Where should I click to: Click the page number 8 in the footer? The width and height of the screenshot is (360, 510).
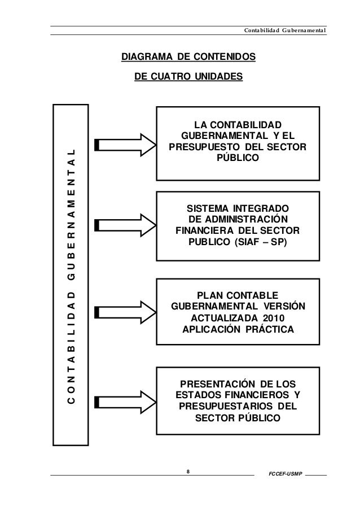[x=188, y=469]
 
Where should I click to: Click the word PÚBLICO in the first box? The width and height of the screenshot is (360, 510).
[x=237, y=159]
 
